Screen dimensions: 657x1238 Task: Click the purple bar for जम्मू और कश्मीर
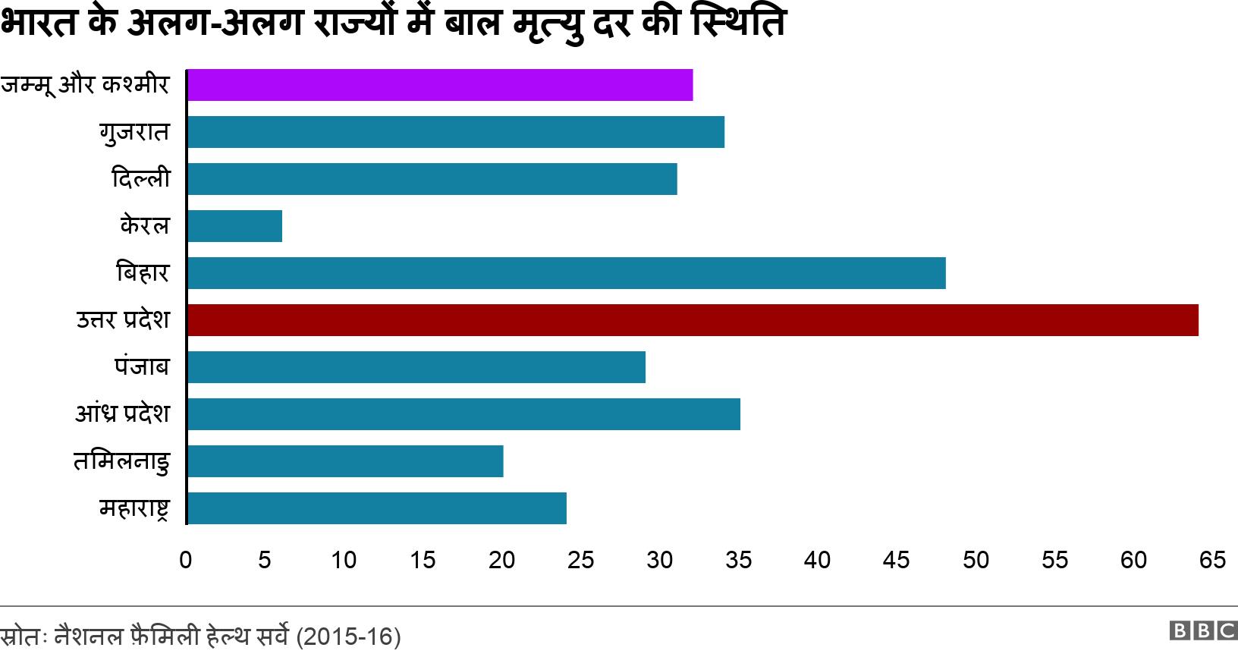tap(440, 85)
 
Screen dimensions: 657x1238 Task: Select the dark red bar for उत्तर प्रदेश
tap(693, 320)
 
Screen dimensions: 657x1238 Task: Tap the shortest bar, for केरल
tap(234, 226)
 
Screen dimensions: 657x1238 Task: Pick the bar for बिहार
tap(566, 273)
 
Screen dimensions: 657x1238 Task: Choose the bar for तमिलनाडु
tap(345, 461)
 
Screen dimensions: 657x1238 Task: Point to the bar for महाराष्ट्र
tap(376, 508)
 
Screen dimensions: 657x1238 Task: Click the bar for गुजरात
tap(455, 132)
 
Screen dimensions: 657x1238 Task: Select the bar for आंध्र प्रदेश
tap(463, 414)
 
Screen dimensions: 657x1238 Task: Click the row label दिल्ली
tap(141, 178)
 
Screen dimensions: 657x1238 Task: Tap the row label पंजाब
tap(142, 366)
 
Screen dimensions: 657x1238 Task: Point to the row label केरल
tap(145, 225)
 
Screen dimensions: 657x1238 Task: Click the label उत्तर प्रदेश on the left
tap(123, 319)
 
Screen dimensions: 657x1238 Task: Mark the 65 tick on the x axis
tap(1212, 560)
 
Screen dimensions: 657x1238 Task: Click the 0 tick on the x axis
tap(186, 560)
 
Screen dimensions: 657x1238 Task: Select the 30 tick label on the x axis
tap(659, 560)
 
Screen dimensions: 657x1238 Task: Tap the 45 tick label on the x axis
tap(896, 560)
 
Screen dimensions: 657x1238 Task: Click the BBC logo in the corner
tap(1203, 630)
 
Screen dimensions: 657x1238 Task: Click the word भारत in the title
tap(39, 23)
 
